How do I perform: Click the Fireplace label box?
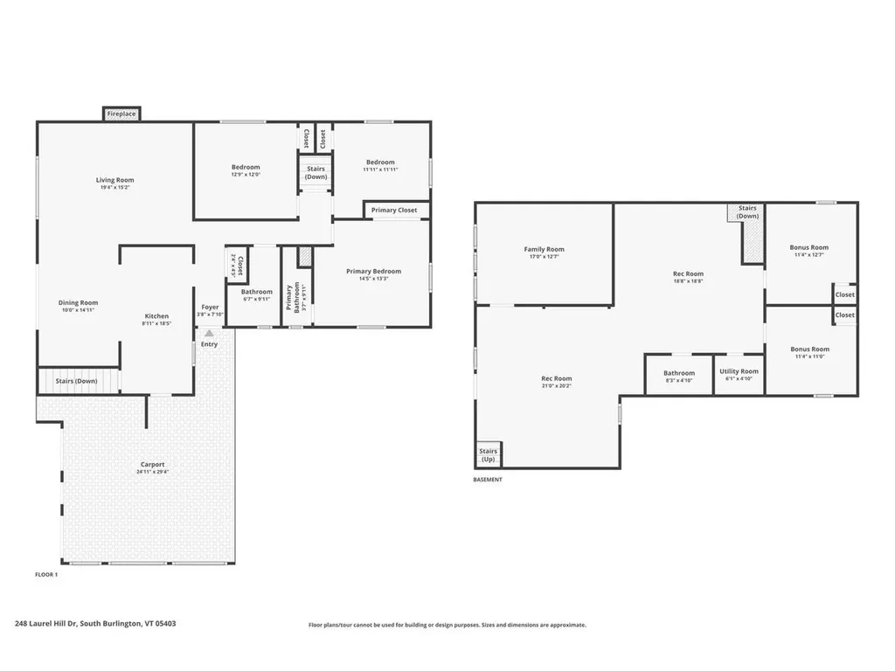click(121, 114)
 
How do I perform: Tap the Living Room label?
click(114, 181)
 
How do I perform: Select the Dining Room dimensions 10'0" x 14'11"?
click(78, 310)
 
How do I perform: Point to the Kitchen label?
click(156, 316)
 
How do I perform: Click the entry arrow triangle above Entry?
click(209, 333)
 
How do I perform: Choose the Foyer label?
click(210, 308)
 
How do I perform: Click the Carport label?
click(152, 465)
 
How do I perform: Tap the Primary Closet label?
click(394, 211)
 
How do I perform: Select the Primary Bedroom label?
click(373, 272)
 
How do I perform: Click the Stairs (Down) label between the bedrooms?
click(316, 172)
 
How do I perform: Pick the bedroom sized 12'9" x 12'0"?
click(246, 170)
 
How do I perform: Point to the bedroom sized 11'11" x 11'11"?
click(380, 165)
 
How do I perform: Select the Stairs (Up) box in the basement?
click(488, 454)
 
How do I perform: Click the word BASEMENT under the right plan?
click(488, 480)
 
